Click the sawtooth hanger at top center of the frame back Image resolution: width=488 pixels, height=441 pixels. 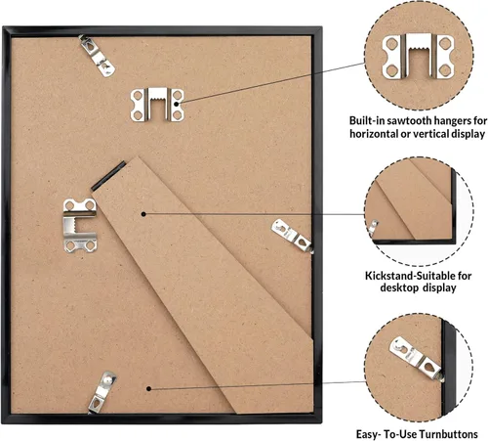[x=157, y=105]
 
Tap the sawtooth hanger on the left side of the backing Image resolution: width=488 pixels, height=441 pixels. [x=80, y=225]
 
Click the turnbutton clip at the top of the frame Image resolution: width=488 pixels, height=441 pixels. [x=97, y=56]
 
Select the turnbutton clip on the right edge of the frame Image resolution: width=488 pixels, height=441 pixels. [x=292, y=236]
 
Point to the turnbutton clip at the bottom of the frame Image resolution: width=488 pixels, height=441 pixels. [x=102, y=392]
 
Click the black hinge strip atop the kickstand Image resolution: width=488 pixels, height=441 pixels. [x=108, y=176]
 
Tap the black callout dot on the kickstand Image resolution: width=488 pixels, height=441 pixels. [x=143, y=214]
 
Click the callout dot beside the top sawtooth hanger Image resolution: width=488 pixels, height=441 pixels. [x=177, y=104]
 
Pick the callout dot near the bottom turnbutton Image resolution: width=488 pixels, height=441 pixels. [x=148, y=388]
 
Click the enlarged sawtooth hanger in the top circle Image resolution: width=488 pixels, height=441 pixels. [x=418, y=56]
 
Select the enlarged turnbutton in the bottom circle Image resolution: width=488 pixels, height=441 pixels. [x=417, y=359]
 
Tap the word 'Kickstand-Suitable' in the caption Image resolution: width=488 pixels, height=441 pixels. [x=409, y=276]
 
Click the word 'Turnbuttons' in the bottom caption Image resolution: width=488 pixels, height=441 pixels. [x=448, y=434]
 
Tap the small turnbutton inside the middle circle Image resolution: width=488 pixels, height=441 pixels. [x=373, y=227]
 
